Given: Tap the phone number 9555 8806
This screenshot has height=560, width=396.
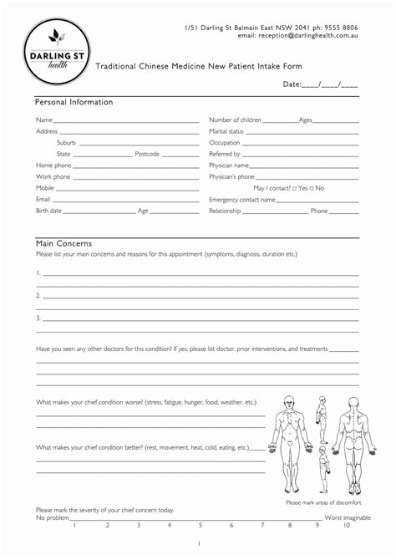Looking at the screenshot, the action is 341,28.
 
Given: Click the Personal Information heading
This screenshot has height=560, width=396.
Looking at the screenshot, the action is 74,102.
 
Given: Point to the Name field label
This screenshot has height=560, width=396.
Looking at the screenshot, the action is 44,120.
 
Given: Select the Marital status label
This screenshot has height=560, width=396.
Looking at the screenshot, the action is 226,131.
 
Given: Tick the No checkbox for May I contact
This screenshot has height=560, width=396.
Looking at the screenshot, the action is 311,188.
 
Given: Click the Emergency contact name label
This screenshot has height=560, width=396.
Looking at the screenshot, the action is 241,200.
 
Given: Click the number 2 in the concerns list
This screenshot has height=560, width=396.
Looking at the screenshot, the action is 38,295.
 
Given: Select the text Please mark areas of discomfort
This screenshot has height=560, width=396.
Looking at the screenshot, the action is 322,502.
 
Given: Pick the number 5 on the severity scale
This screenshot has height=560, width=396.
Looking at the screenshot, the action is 200,526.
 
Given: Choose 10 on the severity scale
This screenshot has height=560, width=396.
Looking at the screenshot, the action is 347,526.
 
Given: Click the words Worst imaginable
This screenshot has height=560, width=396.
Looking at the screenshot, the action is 348,518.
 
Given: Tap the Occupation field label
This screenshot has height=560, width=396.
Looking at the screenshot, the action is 225,143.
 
